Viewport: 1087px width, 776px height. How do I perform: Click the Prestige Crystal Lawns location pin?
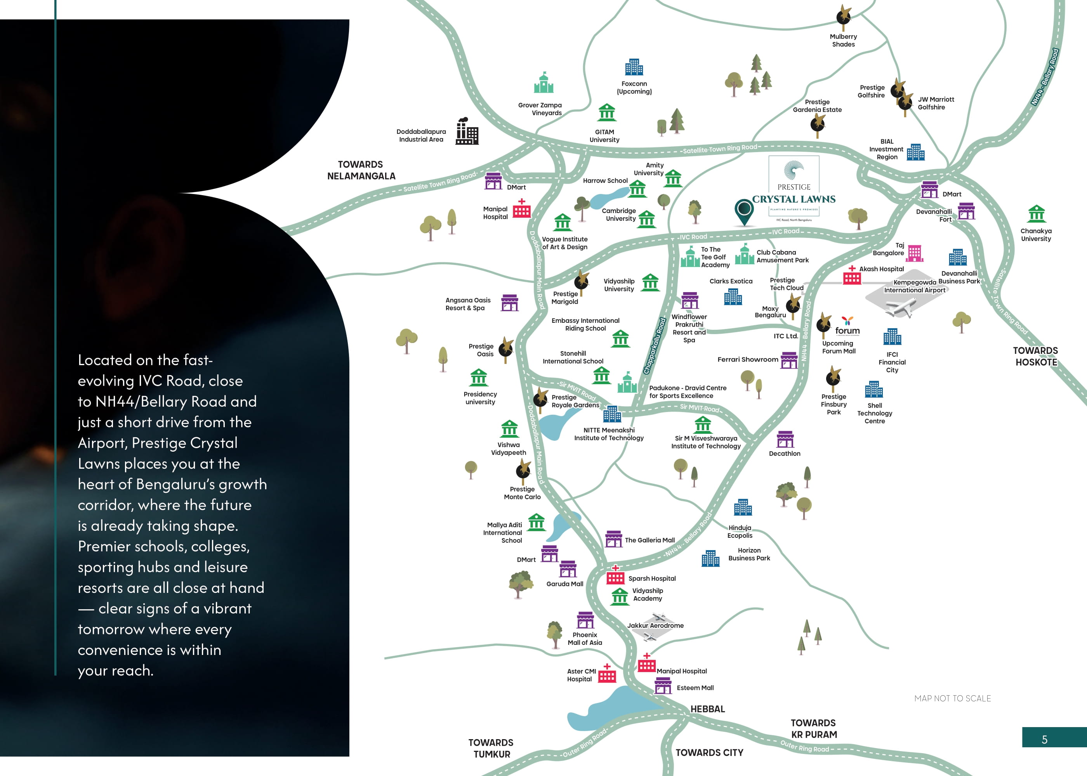click(744, 211)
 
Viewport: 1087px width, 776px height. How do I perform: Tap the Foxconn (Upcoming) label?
click(634, 87)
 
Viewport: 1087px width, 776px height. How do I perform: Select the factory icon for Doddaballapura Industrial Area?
click(467, 132)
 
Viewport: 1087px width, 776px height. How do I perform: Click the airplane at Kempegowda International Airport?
click(900, 307)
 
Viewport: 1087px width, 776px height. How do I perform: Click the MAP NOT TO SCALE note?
click(952, 698)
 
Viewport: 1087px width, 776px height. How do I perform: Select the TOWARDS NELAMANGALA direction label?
click(361, 170)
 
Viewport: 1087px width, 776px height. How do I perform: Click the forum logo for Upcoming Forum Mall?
click(847, 327)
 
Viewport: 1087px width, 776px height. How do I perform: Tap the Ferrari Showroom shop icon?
click(789, 360)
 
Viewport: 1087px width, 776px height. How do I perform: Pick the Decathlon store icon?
click(785, 439)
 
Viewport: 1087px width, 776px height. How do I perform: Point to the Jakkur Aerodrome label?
click(655, 625)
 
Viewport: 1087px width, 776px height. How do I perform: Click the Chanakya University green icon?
click(1036, 214)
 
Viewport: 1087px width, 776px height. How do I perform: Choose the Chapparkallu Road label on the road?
click(655, 346)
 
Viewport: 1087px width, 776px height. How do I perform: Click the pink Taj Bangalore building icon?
click(914, 254)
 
